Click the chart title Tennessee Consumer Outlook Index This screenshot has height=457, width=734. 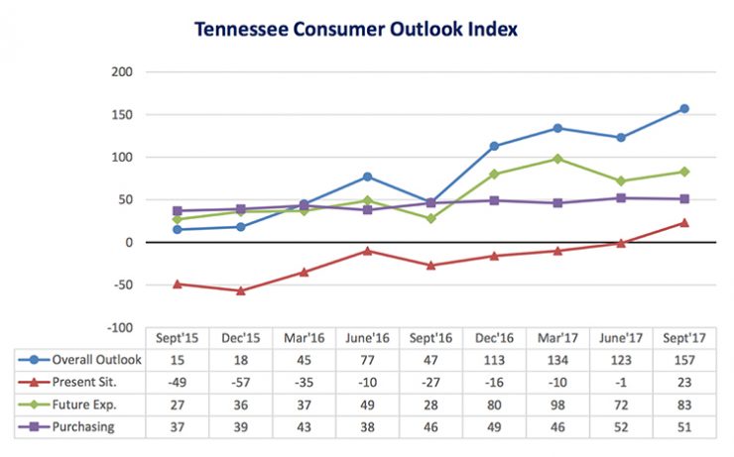click(355, 29)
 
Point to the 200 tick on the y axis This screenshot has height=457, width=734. click(121, 72)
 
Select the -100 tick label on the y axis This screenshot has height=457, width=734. click(119, 327)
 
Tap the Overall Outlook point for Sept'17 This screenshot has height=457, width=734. click(684, 109)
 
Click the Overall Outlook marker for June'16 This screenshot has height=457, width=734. click(367, 176)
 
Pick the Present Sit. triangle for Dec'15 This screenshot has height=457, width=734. click(240, 290)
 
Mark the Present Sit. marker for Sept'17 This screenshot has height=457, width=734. click(684, 222)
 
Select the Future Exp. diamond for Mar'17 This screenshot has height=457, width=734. click(557, 159)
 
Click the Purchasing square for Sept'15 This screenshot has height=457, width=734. click(177, 211)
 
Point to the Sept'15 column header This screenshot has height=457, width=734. click(177, 338)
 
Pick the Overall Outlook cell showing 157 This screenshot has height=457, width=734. click(684, 360)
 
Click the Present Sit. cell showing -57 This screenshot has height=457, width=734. click(240, 382)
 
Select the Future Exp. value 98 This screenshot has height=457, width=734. click(557, 404)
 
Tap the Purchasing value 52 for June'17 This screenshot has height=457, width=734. click(621, 426)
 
